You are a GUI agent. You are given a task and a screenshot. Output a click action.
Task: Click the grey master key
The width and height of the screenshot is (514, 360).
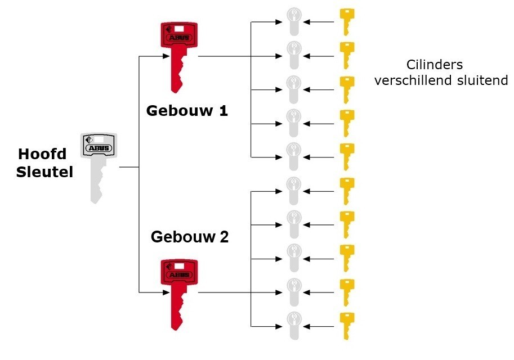pos(98,163)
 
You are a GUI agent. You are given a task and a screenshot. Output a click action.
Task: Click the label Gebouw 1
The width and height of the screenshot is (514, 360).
pos(187,110)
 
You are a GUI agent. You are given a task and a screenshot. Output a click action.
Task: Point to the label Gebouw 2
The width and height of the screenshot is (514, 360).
pos(190,237)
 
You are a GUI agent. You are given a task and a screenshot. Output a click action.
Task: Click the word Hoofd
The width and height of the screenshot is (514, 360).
pos(42,154)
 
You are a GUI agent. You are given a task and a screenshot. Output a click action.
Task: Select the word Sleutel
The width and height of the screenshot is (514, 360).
pos(44,172)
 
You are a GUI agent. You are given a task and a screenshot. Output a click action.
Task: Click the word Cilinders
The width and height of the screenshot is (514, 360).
pos(434,65)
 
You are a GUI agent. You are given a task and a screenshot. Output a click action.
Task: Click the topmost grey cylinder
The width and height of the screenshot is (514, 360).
pos(293,21)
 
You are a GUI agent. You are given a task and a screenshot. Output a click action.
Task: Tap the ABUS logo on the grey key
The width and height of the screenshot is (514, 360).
pos(99,149)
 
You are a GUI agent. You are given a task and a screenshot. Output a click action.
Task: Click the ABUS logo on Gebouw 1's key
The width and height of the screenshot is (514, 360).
pos(179,38)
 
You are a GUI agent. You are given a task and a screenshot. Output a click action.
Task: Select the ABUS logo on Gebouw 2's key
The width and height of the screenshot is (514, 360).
pos(179,275)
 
